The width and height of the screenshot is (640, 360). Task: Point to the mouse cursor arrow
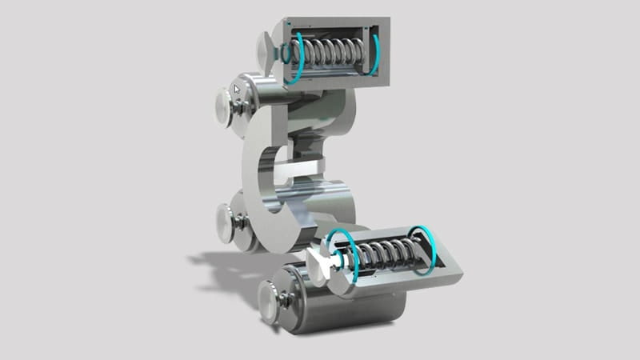click(238, 89)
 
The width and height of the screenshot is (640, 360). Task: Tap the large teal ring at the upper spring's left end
click(297, 58)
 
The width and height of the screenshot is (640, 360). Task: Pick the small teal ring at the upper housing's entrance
click(282, 53)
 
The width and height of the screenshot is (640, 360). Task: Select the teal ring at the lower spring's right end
click(422, 250)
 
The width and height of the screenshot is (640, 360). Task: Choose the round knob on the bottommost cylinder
click(269, 303)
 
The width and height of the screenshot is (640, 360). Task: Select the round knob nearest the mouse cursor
click(223, 105)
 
